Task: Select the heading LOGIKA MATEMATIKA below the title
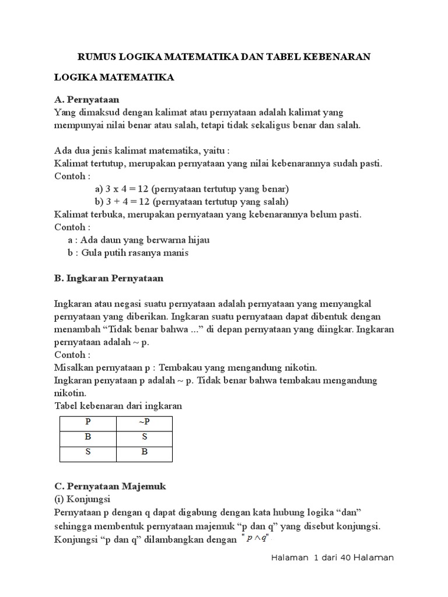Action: [x=114, y=78]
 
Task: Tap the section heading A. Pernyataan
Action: [x=86, y=100]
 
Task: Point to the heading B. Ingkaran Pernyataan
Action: [x=108, y=278]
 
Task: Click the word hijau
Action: [x=197, y=240]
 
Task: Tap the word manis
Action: [x=176, y=252]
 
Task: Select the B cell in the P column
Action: [x=87, y=437]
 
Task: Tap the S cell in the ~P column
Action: [x=144, y=437]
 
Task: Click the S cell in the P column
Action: [x=87, y=451]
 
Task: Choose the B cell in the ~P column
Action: [x=144, y=451]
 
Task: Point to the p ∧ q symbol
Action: [x=256, y=539]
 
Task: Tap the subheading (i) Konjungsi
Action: [x=82, y=500]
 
